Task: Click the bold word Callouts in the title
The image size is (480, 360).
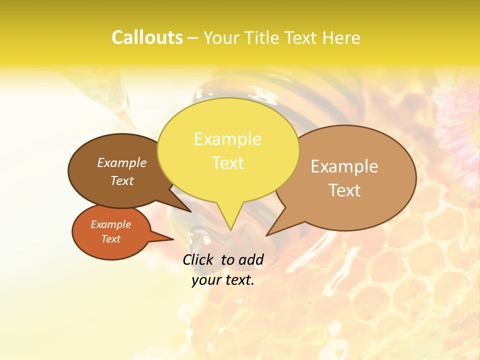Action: coord(147,38)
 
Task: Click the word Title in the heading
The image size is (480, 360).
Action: coord(263,38)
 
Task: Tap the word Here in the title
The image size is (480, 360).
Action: coord(342,38)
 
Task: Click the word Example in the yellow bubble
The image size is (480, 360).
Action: coord(227,139)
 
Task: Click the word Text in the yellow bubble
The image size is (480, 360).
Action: coord(227,163)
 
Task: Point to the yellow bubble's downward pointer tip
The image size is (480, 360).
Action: coord(230,229)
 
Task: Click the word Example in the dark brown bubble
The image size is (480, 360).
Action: coord(121,163)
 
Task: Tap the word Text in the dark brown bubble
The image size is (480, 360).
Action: coord(121,181)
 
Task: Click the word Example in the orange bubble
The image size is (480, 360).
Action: coord(110,224)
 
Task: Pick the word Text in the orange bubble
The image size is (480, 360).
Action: coord(110,239)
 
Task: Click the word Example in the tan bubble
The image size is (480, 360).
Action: coord(344,166)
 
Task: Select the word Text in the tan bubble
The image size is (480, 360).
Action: coord(344,190)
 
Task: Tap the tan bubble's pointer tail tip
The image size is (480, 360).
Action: coord(267,234)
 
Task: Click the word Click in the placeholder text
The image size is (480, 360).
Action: coord(198,259)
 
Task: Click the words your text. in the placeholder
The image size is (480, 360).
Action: coord(223,280)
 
